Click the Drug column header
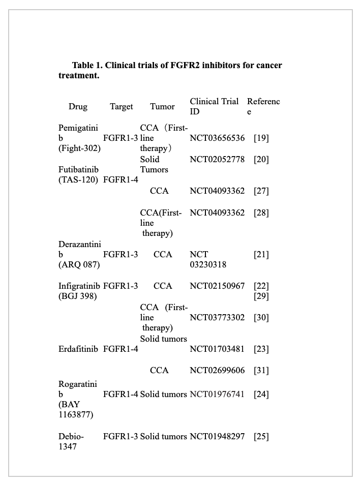[x=78, y=107]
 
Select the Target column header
[x=122, y=107]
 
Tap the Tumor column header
[x=162, y=107]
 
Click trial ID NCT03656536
[x=217, y=138]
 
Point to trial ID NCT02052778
[x=217, y=160]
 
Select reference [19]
[x=261, y=138]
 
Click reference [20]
[x=261, y=160]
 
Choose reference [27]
[x=261, y=191]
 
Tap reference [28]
[x=261, y=213]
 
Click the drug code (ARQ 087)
[x=79, y=265]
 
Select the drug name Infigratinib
[x=79, y=286]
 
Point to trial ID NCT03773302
[x=217, y=318]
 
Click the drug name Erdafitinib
[x=79, y=349]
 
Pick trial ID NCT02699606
[x=217, y=371]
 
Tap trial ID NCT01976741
[x=217, y=394]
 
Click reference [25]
[x=261, y=436]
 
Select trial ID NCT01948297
[x=217, y=436]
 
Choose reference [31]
[x=261, y=371]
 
